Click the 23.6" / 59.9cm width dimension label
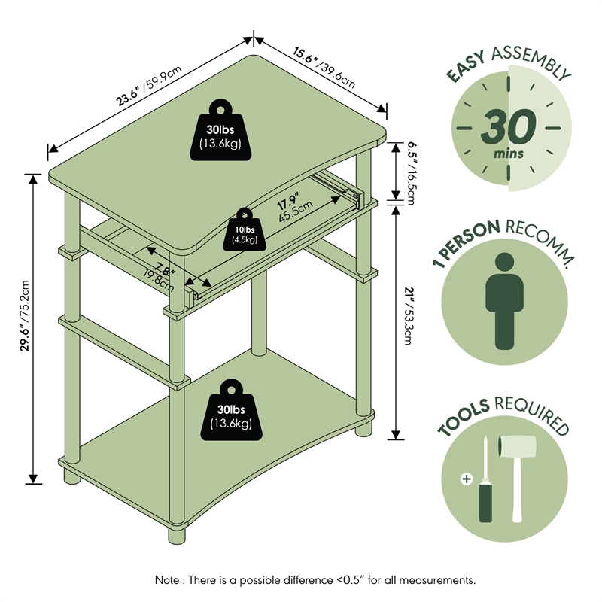[x=148, y=87]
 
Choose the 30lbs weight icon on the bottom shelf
[x=230, y=411]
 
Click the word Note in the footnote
[x=168, y=580]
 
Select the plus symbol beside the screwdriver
[x=467, y=479]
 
